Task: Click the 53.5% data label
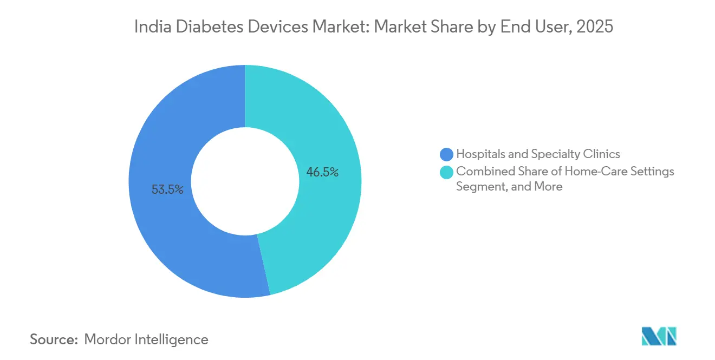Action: [x=167, y=189]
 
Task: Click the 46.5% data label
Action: [x=323, y=173]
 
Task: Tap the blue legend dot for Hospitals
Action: [x=447, y=154]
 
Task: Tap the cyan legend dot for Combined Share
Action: [x=447, y=172]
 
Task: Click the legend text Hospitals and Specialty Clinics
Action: [x=538, y=154]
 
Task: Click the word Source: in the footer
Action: [x=54, y=339]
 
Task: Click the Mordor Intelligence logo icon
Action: [x=659, y=336]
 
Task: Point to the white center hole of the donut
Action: [x=245, y=181]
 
